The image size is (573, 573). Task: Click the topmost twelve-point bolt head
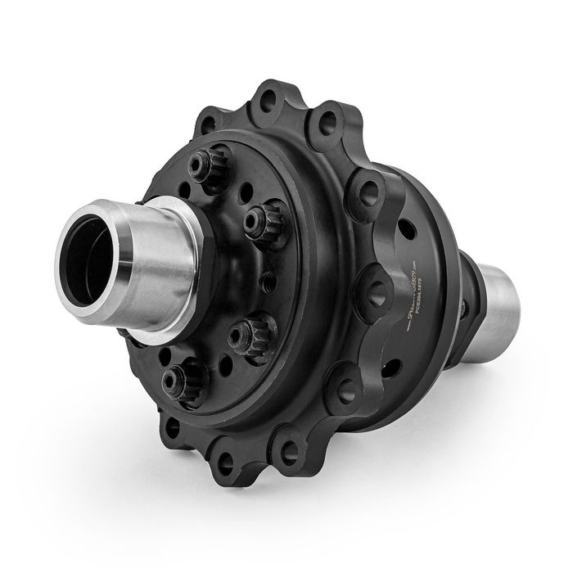200,165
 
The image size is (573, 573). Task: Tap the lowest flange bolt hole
228,467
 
